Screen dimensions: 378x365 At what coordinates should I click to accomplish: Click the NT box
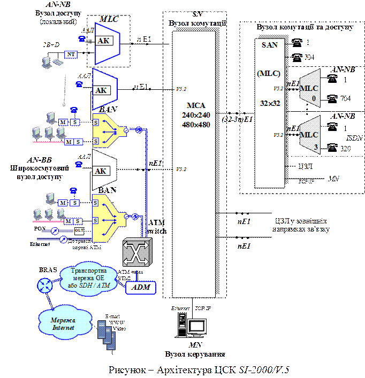point(71,55)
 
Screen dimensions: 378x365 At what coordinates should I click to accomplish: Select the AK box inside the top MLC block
point(104,41)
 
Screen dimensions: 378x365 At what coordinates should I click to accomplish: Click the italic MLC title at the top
point(109,20)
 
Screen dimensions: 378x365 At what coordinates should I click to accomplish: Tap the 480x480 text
point(194,125)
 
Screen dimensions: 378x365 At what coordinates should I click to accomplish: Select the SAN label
point(270,45)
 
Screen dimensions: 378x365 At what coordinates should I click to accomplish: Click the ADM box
point(141,288)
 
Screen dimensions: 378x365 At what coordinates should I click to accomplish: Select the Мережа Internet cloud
point(64,323)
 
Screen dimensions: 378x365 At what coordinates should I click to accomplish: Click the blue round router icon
point(44,286)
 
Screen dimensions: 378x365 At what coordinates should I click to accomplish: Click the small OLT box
point(79,230)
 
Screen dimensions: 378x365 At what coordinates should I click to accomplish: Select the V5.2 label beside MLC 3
point(277,135)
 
